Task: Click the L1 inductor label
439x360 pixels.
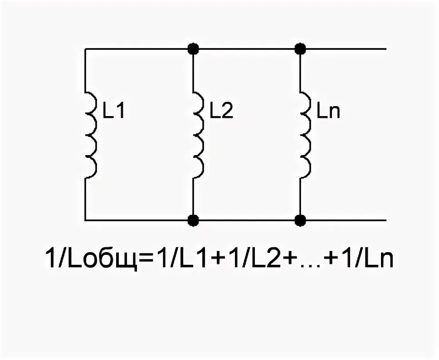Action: point(113,112)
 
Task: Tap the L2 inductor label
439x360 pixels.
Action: point(221,112)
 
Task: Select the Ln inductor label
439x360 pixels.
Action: point(328,112)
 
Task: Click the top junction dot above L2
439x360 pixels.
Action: point(194,48)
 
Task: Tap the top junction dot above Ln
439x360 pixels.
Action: point(300,48)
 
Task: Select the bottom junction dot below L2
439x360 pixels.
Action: point(194,220)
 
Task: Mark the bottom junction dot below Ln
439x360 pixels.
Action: point(300,220)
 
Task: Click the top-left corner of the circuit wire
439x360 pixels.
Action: point(85,48)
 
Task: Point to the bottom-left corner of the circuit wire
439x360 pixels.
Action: point(85,220)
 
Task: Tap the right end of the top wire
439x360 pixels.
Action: point(385,48)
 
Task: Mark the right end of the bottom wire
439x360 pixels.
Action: point(385,220)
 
